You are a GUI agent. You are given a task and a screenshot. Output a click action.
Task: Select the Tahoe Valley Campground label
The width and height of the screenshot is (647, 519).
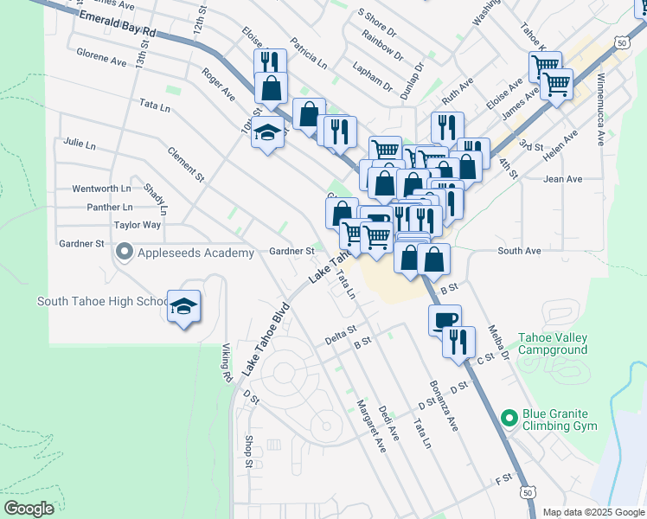pyautogui.click(x=553, y=343)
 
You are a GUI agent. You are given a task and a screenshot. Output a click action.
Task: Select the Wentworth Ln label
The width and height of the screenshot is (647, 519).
pyautogui.click(x=101, y=188)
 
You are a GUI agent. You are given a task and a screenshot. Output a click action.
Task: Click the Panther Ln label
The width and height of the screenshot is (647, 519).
pyautogui.click(x=109, y=207)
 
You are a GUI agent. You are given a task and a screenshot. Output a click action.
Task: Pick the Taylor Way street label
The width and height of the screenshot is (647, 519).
pyautogui.click(x=138, y=225)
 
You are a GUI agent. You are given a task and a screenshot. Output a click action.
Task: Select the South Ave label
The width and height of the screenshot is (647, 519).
pyautogui.click(x=519, y=251)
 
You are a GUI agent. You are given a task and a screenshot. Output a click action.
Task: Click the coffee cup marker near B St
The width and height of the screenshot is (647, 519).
pyautogui.click(x=445, y=319)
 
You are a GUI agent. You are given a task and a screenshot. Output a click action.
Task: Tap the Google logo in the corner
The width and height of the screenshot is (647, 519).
pyautogui.click(x=29, y=508)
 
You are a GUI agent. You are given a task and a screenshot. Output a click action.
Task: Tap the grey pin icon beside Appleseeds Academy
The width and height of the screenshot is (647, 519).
pyautogui.click(x=124, y=253)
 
